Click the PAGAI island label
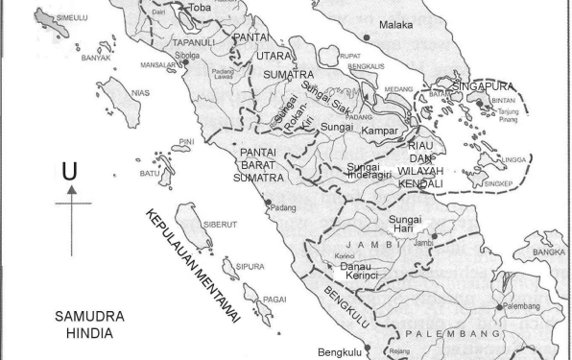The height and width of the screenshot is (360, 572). click(275, 299)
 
